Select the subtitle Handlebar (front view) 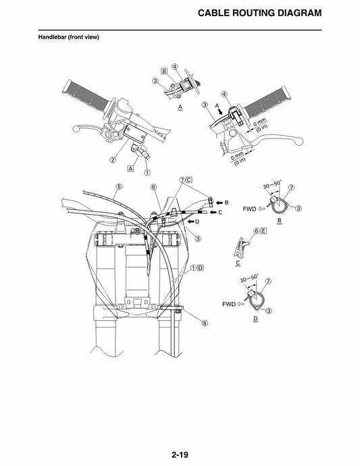68,37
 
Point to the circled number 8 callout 205,323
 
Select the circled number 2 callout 113,160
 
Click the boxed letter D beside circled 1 201,267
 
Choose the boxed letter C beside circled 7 189,180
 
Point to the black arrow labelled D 190,222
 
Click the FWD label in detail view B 249,209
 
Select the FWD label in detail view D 228,304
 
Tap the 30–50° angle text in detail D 249,278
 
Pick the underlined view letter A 180,107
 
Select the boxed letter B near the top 164,70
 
